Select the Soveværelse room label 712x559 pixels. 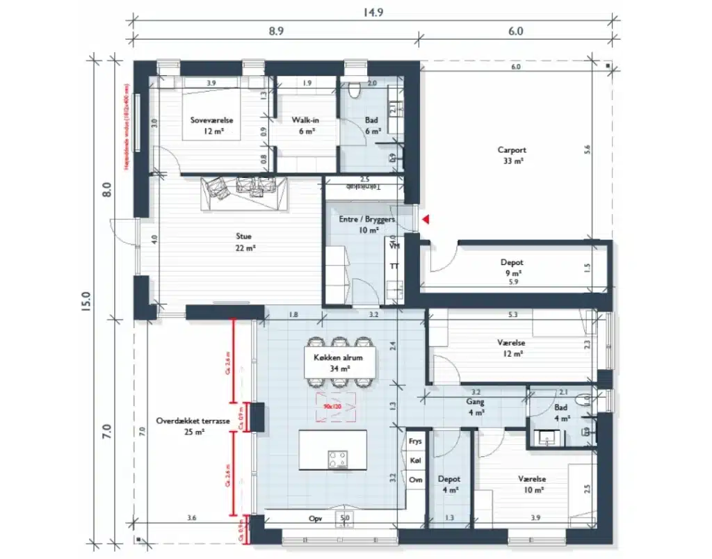(x=212, y=125)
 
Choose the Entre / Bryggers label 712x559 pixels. (x=367, y=224)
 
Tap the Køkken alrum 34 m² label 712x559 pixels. (x=340, y=360)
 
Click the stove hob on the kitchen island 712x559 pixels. (x=339, y=460)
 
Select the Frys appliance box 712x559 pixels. (x=415, y=441)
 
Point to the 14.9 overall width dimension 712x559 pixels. (x=369, y=12)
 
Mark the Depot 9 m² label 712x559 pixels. (x=512, y=268)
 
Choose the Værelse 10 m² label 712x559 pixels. (x=531, y=485)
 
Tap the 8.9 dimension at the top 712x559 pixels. (x=276, y=32)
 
